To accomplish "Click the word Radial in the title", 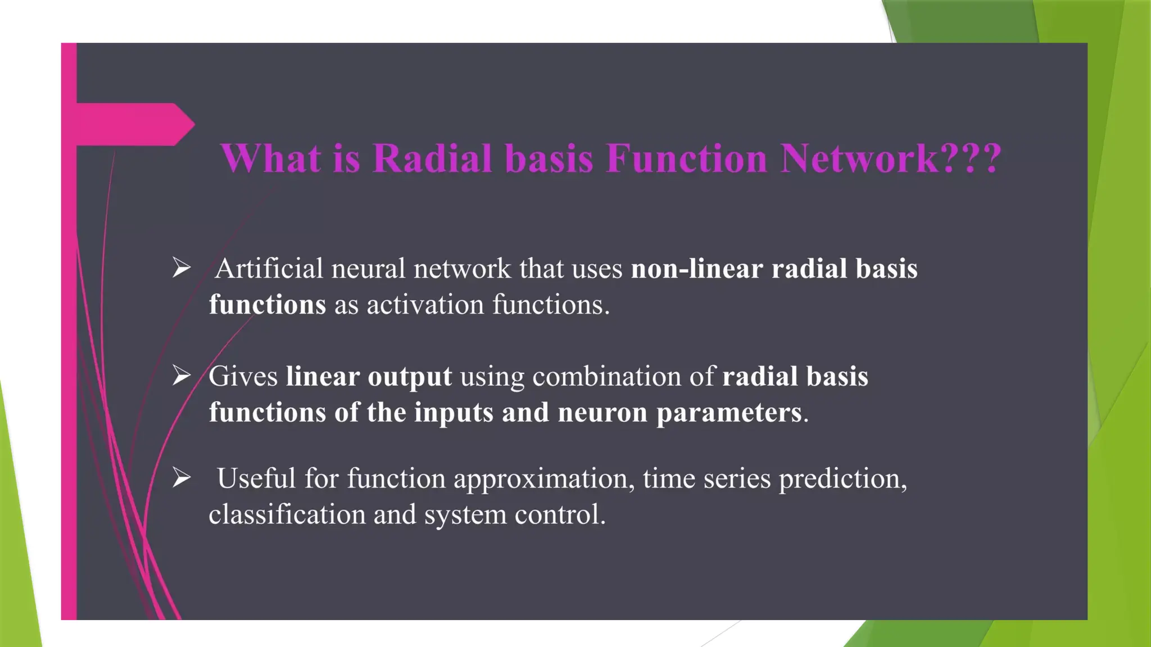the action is click(432, 158).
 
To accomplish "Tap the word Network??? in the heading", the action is click(891, 158).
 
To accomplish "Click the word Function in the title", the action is click(687, 158).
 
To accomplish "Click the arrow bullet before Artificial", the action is click(182, 267).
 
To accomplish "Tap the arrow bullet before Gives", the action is click(182, 375).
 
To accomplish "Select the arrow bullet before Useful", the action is click(182, 477).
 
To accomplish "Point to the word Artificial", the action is click(269, 268).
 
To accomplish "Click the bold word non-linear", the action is click(697, 268).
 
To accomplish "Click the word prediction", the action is click(842, 479).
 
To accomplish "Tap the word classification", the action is click(287, 514).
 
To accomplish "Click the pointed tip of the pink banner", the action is click(192, 124).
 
